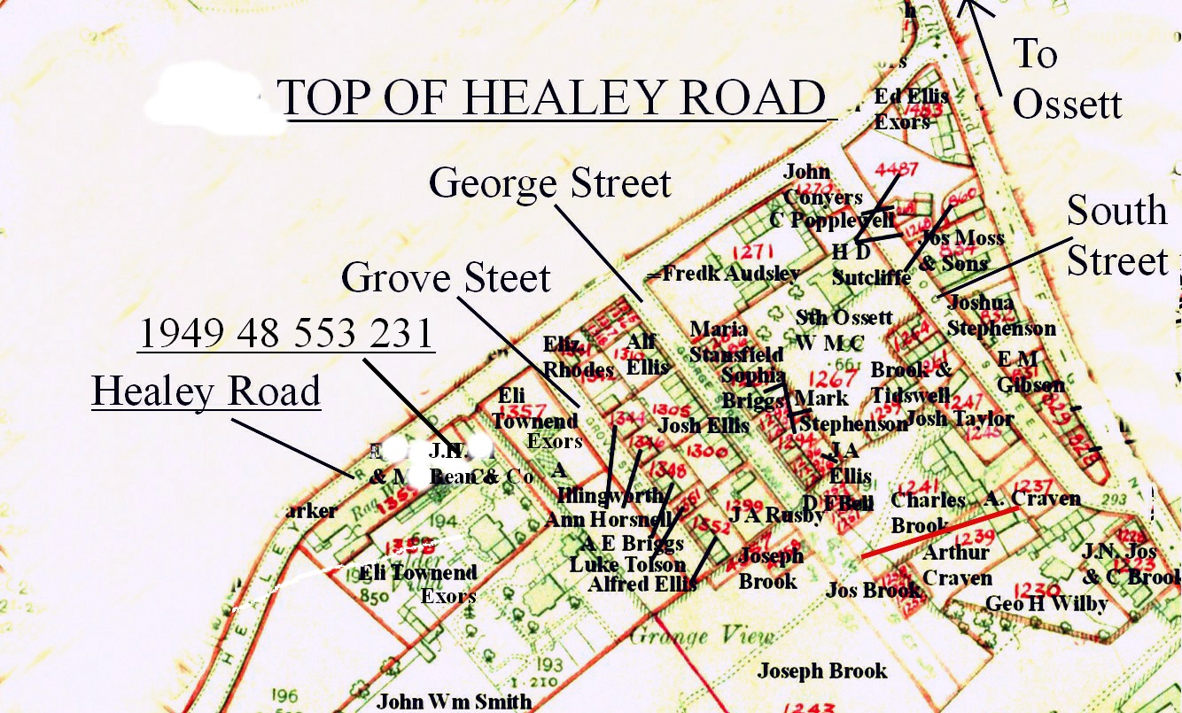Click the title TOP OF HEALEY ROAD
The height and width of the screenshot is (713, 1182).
(x=551, y=97)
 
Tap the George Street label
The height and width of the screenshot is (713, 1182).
(x=550, y=184)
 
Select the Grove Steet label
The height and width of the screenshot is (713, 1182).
(x=446, y=278)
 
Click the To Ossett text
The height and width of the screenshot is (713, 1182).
(x=1066, y=78)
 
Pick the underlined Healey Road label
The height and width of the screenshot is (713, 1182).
(x=206, y=391)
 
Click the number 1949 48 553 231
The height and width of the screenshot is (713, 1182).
(x=285, y=334)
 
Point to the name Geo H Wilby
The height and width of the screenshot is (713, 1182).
(x=1046, y=604)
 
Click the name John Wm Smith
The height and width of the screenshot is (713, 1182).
(x=454, y=701)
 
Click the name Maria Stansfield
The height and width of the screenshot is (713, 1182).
(x=736, y=342)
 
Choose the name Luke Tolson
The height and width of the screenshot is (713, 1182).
(x=627, y=564)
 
